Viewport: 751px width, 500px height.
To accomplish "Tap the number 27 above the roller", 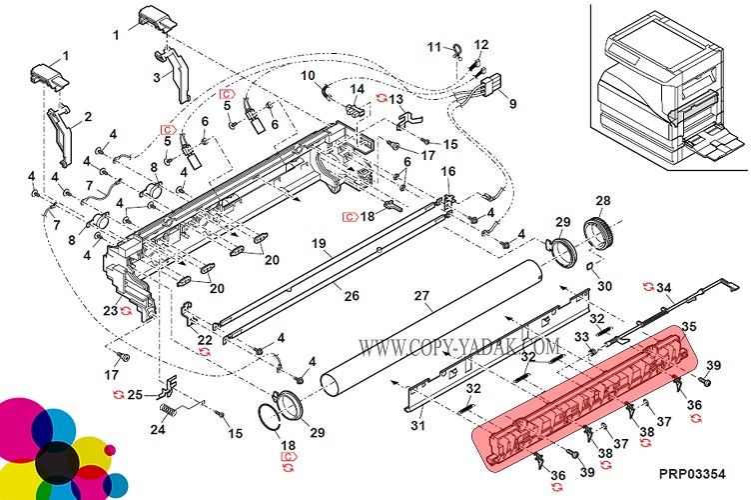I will tap(421, 296).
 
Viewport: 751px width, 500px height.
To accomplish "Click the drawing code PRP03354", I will tap(690, 474).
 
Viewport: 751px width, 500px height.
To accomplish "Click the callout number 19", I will tap(319, 244).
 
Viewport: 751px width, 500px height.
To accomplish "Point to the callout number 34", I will tap(663, 288).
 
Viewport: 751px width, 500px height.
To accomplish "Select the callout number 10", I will tap(308, 76).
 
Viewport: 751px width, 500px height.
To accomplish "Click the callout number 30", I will tap(604, 286).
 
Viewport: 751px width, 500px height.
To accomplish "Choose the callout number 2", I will tap(87, 117).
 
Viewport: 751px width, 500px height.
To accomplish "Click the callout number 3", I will tap(157, 76).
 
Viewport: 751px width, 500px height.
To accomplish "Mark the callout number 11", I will tap(434, 46).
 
